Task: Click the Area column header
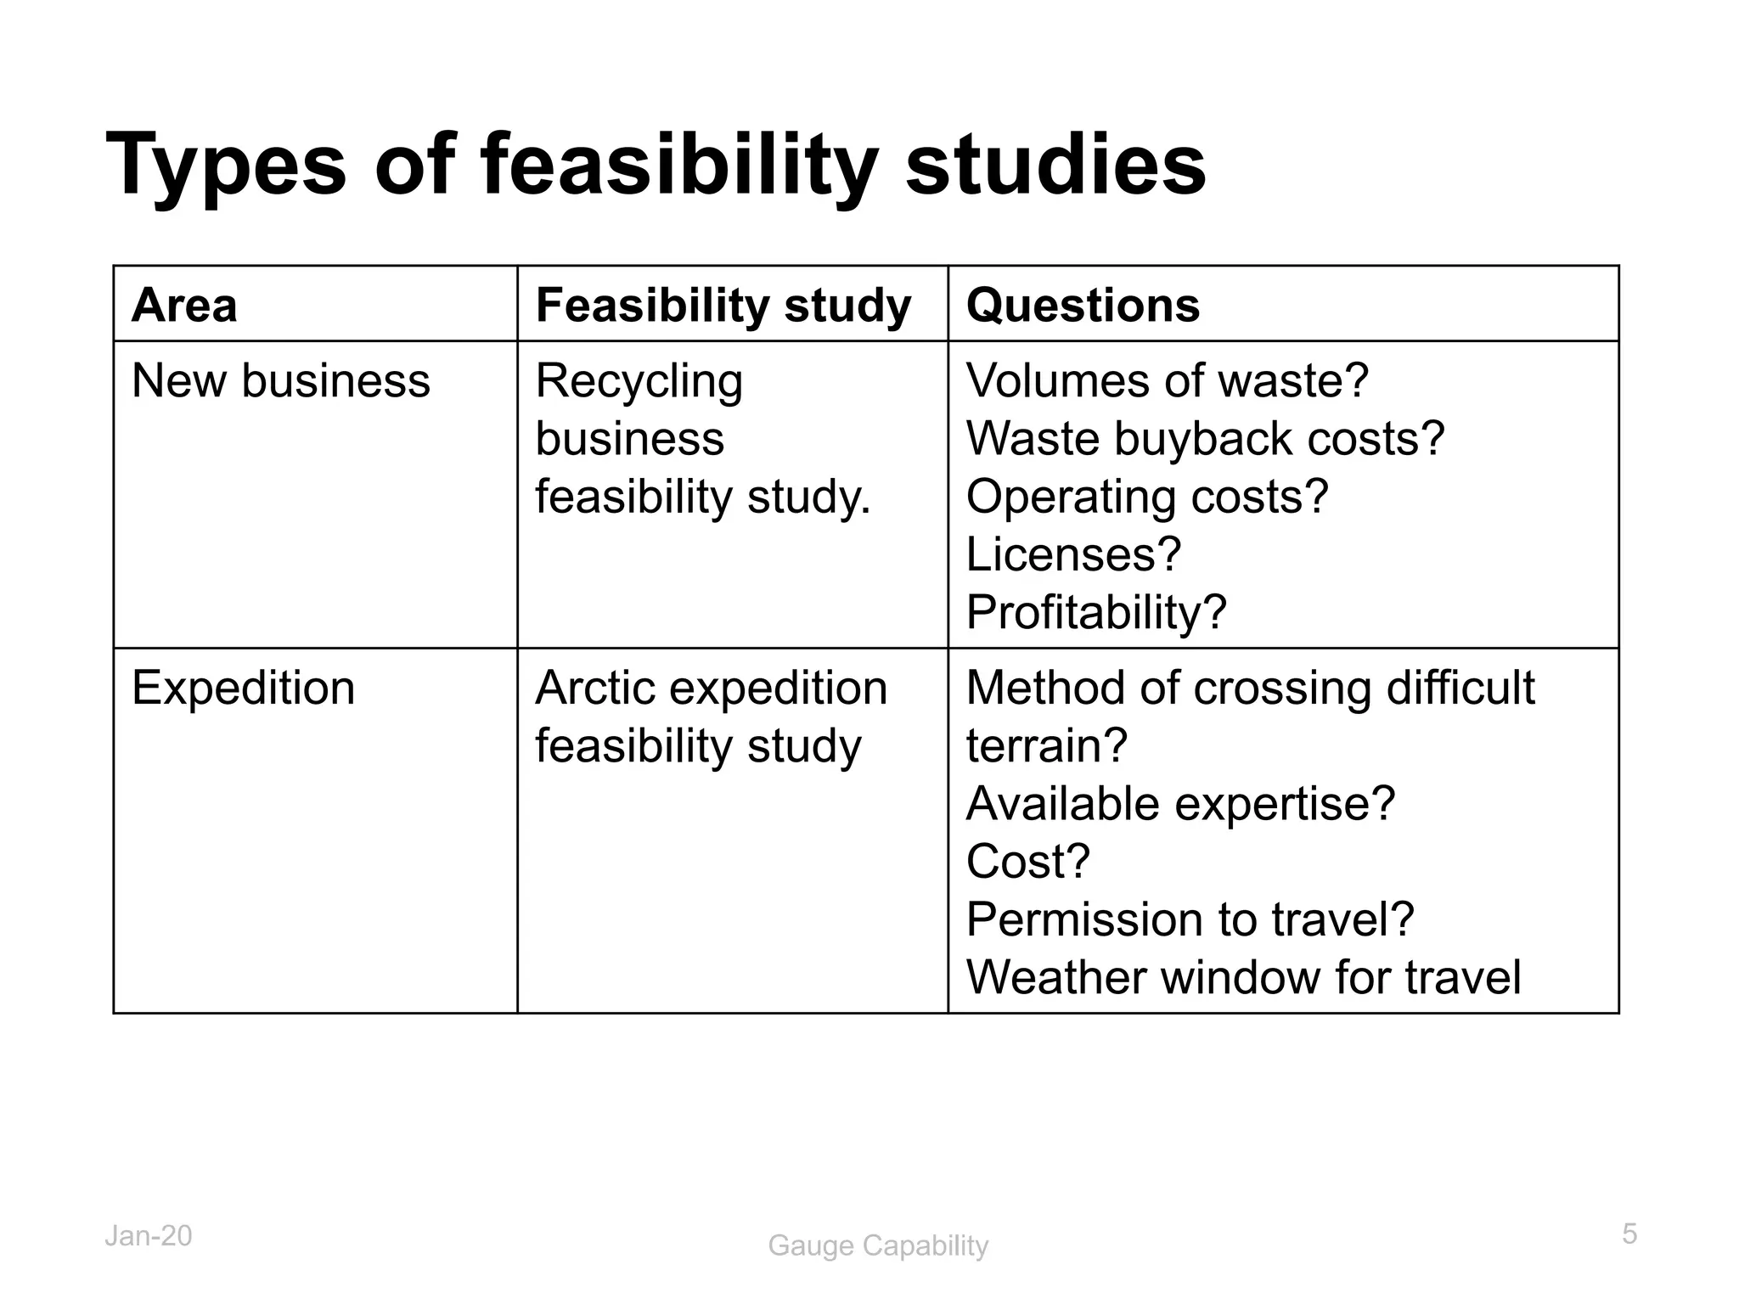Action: [x=184, y=305]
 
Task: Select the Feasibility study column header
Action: [x=723, y=305]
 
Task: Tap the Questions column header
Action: [x=1083, y=305]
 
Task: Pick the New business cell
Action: [x=281, y=380]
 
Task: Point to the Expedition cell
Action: [x=244, y=688]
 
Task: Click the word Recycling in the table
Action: [x=639, y=381]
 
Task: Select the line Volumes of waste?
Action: [x=1168, y=380]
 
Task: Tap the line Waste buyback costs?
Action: [x=1205, y=438]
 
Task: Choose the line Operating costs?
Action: [x=1147, y=496]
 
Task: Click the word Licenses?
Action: [x=1073, y=554]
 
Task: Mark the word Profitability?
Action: [x=1096, y=611]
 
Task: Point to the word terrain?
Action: [x=1046, y=745]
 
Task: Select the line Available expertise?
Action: [x=1180, y=803]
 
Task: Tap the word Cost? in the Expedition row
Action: [x=1027, y=861]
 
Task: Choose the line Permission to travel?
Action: [x=1190, y=919]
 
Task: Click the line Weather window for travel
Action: [x=1243, y=976]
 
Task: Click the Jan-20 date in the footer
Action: [x=149, y=1236]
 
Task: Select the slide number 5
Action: [x=1629, y=1234]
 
